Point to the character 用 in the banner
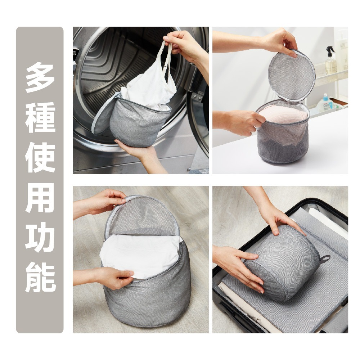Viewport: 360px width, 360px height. click(x=40, y=197)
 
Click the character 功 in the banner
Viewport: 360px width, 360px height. click(x=40, y=238)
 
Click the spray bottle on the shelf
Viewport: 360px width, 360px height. click(x=330, y=61)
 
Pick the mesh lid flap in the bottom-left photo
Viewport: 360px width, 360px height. click(x=142, y=216)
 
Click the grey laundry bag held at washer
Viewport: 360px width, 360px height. click(x=139, y=124)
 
